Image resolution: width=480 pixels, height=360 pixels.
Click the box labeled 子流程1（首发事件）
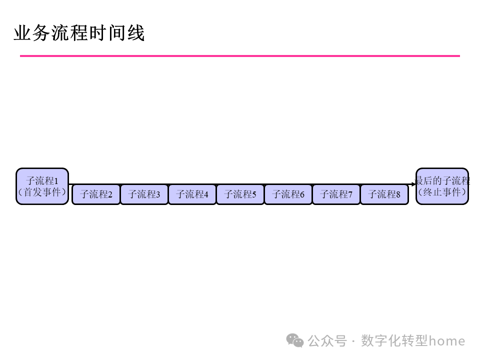tap(42, 186)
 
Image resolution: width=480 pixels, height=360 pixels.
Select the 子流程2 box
tap(96, 194)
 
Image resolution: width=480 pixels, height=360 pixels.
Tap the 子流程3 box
tap(144, 194)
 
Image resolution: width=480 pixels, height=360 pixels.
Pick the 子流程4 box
tap(192, 194)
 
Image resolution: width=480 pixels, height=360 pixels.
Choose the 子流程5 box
tap(240, 194)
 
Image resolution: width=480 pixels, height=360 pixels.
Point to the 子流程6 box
tap(288, 194)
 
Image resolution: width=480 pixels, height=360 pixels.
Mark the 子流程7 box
tap(336, 194)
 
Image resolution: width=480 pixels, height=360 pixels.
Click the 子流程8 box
tap(384, 194)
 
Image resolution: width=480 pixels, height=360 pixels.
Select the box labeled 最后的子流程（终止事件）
tap(442, 186)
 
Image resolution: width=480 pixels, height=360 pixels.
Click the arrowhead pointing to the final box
tap(413, 184)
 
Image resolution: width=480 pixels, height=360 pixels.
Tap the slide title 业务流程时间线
tap(79, 33)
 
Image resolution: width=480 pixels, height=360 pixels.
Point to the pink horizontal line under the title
tap(240, 56)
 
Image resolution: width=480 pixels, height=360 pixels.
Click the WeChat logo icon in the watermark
tap(294, 340)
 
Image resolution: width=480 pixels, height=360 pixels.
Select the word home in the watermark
tap(447, 341)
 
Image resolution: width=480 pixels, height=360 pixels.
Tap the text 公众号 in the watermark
tap(327, 341)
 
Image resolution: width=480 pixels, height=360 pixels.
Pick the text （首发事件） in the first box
tap(42, 192)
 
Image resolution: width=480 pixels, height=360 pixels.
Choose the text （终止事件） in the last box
tap(442, 192)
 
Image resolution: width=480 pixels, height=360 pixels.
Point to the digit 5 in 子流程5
tap(254, 194)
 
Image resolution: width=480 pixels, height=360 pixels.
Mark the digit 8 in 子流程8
tap(398, 194)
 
